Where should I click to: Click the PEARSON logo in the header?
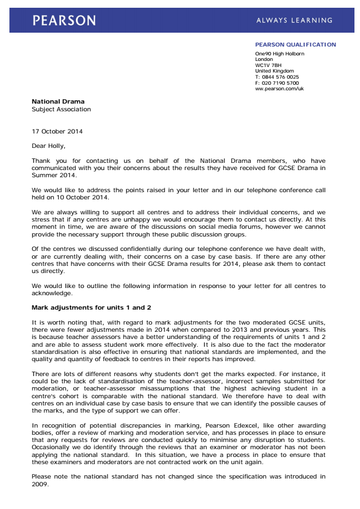pyautogui.click(x=64, y=20)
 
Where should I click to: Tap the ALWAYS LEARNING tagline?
pyautogui.click(x=294, y=20)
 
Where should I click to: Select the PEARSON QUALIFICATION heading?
pyautogui.click(x=295, y=45)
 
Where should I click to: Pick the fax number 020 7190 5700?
pyautogui.click(x=280, y=83)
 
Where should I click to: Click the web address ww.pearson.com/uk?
pyautogui.click(x=279, y=89)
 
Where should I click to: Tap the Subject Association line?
pyautogui.click(x=61, y=110)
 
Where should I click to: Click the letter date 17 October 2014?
pyautogui.click(x=58, y=131)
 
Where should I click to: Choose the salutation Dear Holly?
pyautogui.click(x=48, y=146)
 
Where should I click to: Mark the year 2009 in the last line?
pyautogui.click(x=40, y=483)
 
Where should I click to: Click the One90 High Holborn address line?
pyautogui.click(x=280, y=54)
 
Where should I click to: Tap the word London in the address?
pyautogui.click(x=264, y=59)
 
